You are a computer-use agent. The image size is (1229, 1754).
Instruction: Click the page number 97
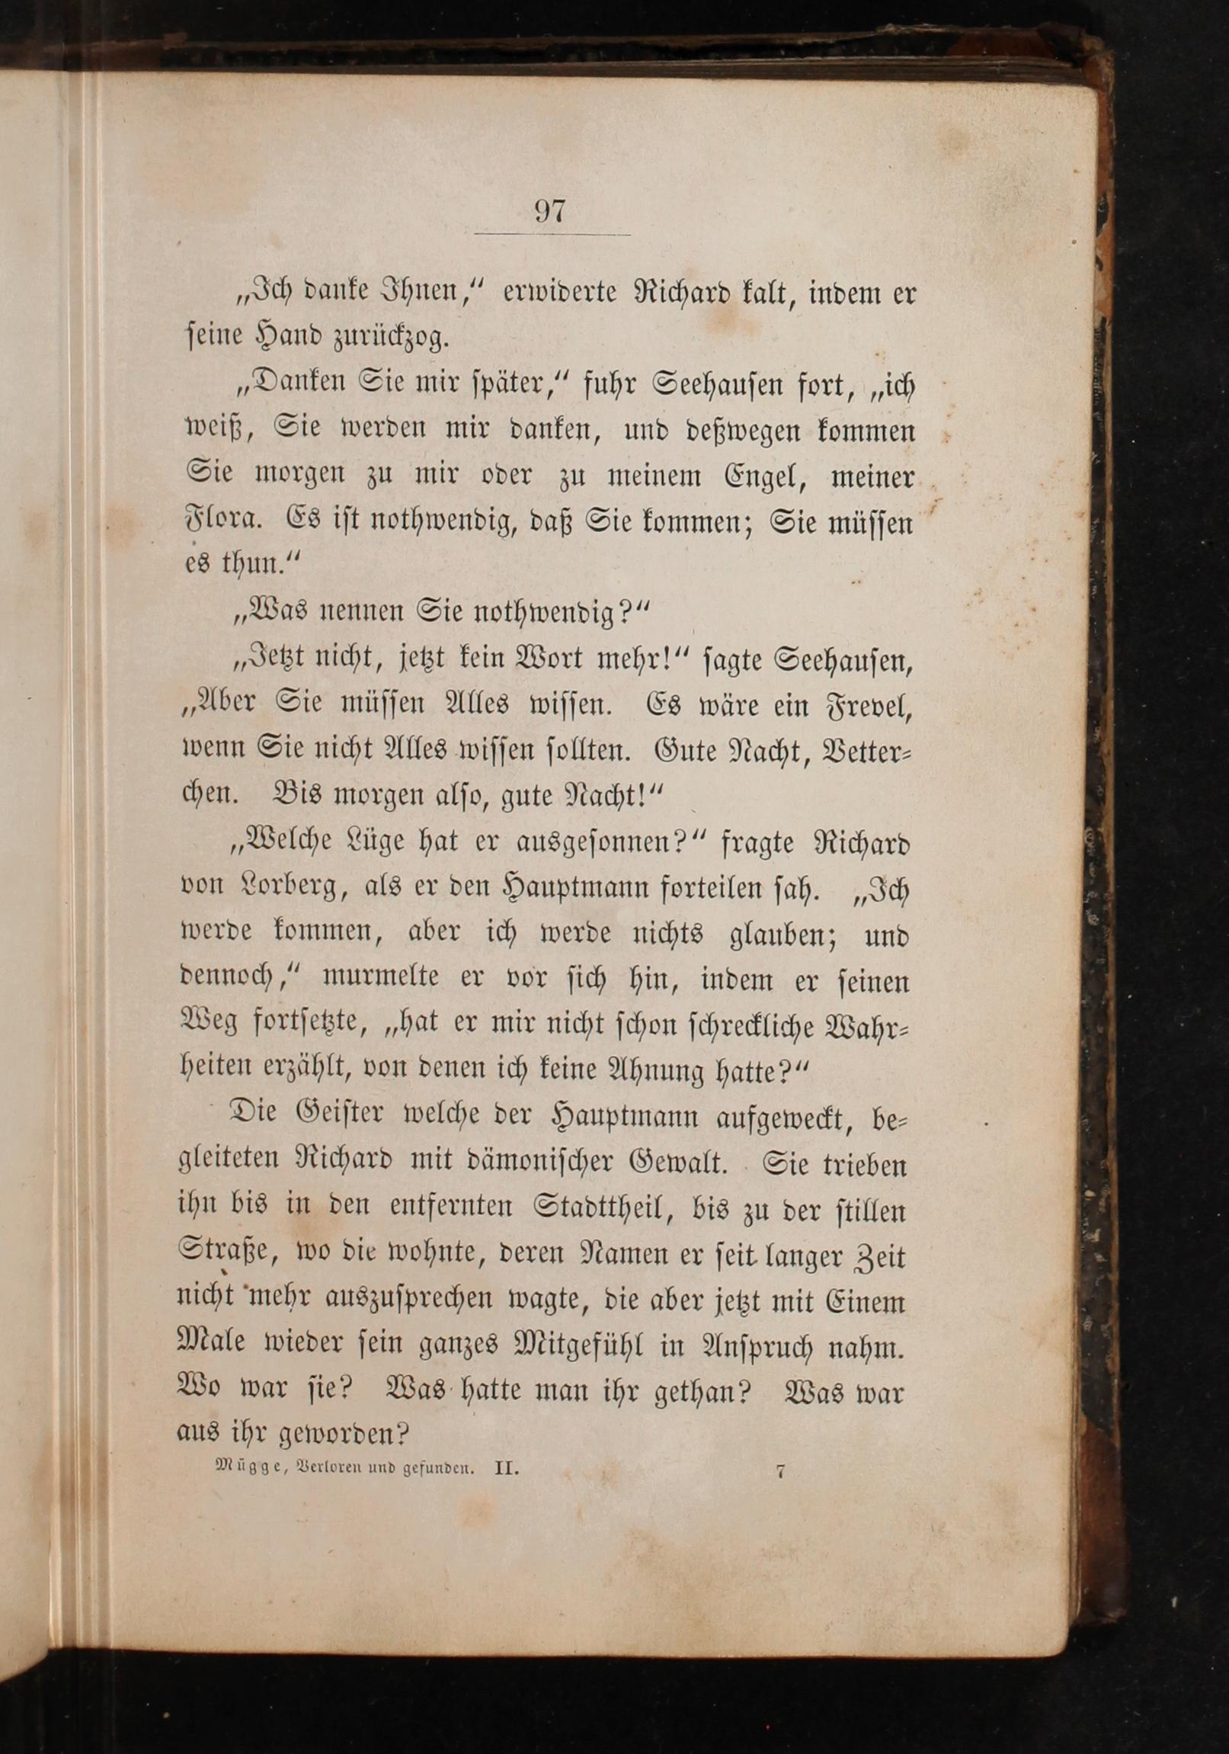pos(549,211)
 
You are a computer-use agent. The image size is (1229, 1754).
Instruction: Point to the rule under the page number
pos(552,235)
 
